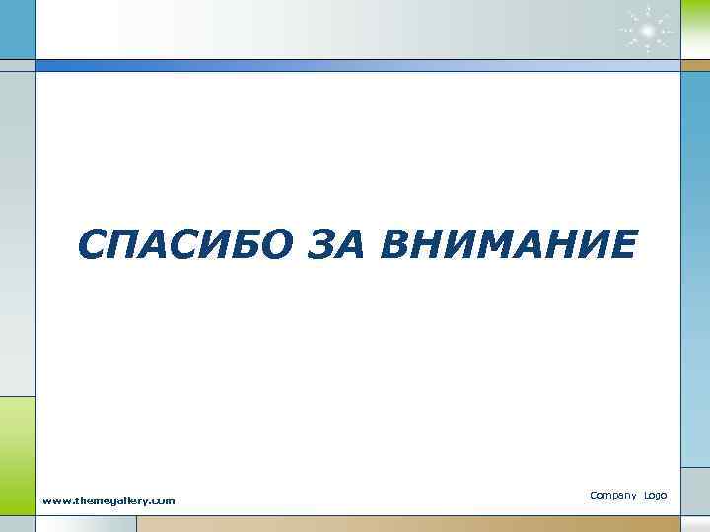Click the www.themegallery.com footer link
(108, 500)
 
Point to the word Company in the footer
(612, 495)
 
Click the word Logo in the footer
(656, 495)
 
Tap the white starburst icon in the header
(646, 29)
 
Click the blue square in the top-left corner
(18, 29)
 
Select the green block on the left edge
(18, 443)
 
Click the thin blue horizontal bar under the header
(355, 65)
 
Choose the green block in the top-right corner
(694, 29)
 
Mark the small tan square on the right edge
(694, 65)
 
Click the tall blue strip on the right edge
(694, 266)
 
